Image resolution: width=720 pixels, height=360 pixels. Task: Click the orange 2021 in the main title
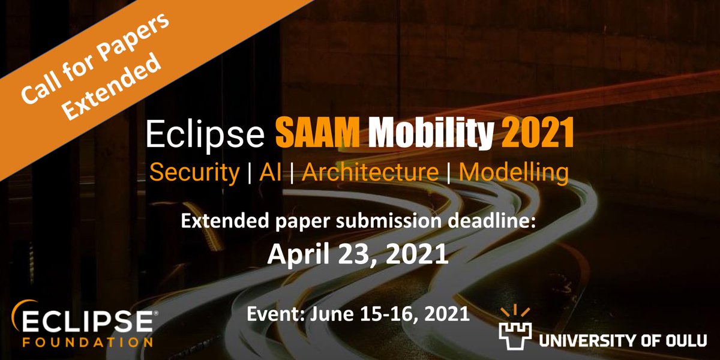536,134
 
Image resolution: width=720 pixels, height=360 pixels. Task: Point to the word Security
194,173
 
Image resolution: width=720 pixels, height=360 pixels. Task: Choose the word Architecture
370,172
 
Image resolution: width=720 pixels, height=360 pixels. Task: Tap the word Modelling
514,172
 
